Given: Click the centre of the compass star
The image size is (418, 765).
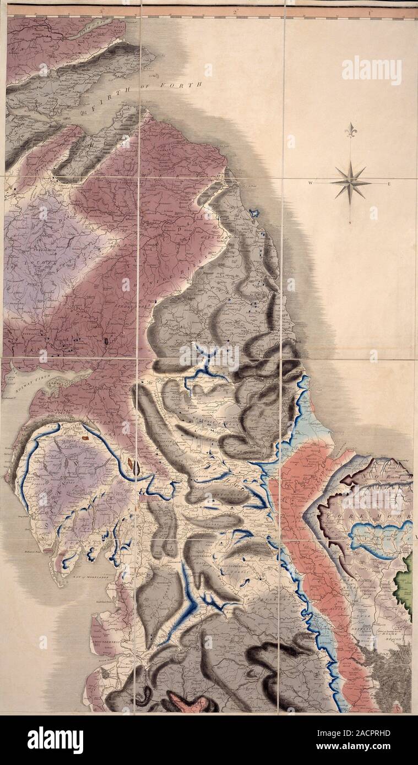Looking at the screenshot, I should (350, 182).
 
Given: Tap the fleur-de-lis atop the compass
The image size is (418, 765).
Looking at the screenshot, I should (350, 130).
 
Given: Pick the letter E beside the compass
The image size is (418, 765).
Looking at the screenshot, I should (389, 183).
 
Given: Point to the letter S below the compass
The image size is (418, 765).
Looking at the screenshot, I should (350, 222).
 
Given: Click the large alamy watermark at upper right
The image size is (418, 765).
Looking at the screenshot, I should (371, 70).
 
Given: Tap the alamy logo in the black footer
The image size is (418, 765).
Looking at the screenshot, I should (55, 740).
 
